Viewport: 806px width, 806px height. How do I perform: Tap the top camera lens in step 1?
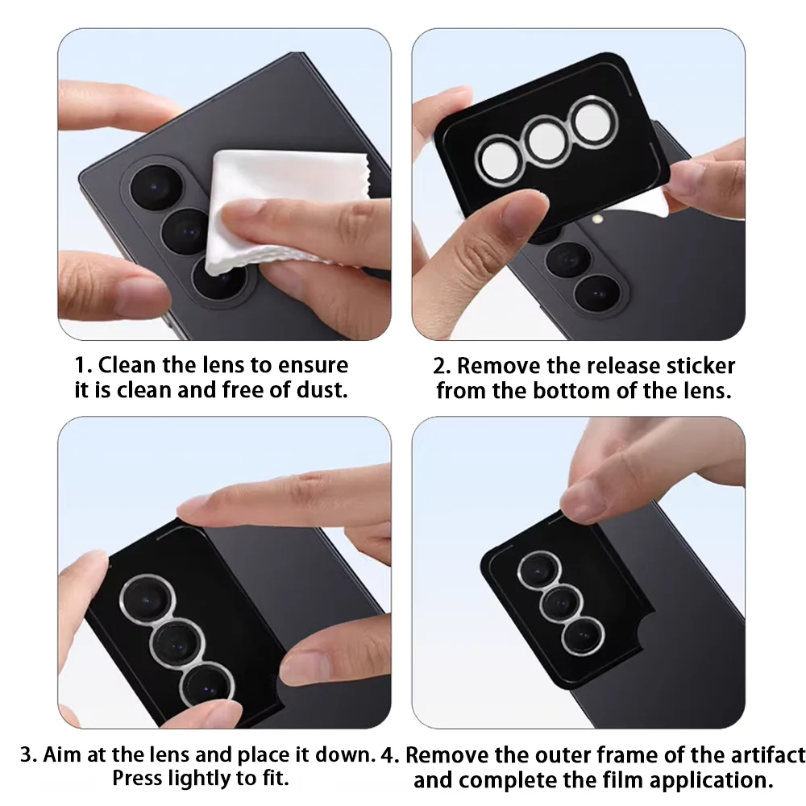[157, 188]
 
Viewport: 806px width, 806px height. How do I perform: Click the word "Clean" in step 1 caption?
[127, 365]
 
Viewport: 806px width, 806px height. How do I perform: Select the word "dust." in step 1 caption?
[322, 389]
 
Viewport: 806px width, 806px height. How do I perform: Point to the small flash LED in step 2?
[596, 219]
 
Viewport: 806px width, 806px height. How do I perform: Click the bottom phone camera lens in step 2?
[598, 294]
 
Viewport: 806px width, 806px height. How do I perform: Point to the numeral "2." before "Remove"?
[442, 366]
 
